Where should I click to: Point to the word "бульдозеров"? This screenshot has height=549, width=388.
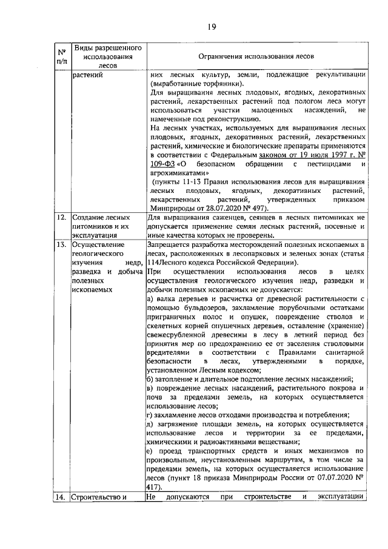[196, 308]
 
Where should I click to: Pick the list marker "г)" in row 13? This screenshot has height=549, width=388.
[150, 414]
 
